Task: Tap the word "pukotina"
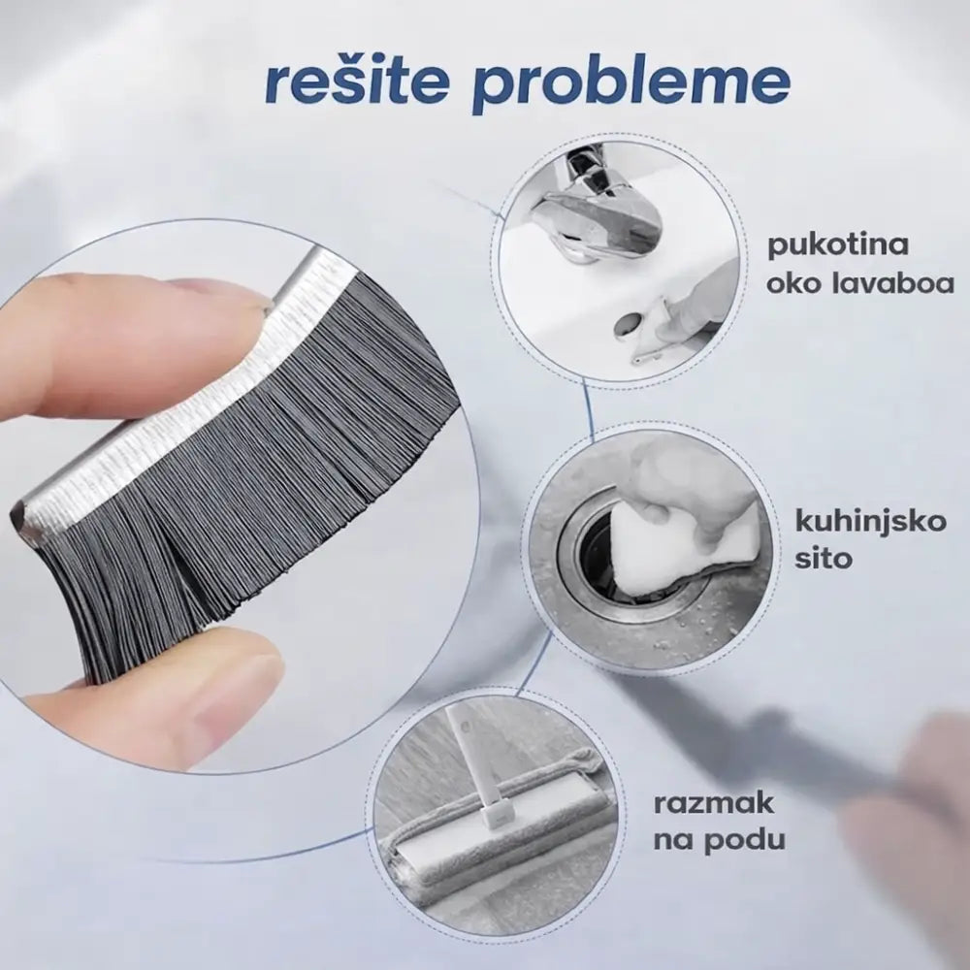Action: pos(838,246)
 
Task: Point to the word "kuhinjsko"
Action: pos(870,522)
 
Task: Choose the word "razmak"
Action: pos(713,804)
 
